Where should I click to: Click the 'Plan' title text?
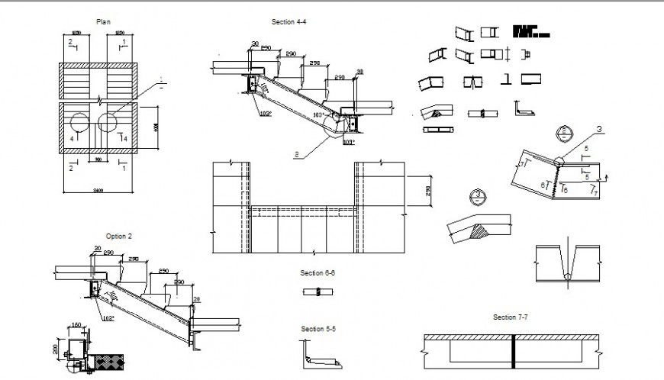coord(103,22)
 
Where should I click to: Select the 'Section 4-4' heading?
coord(289,22)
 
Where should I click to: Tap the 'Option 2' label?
coord(119,237)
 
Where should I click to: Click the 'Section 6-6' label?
coord(317,272)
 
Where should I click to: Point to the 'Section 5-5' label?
coord(317,329)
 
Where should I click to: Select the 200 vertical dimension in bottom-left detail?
coord(56,349)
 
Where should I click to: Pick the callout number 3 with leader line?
coord(599,130)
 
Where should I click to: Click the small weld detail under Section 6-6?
coord(317,291)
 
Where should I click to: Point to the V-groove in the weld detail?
coord(569,263)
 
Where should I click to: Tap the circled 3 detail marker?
coord(478,195)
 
